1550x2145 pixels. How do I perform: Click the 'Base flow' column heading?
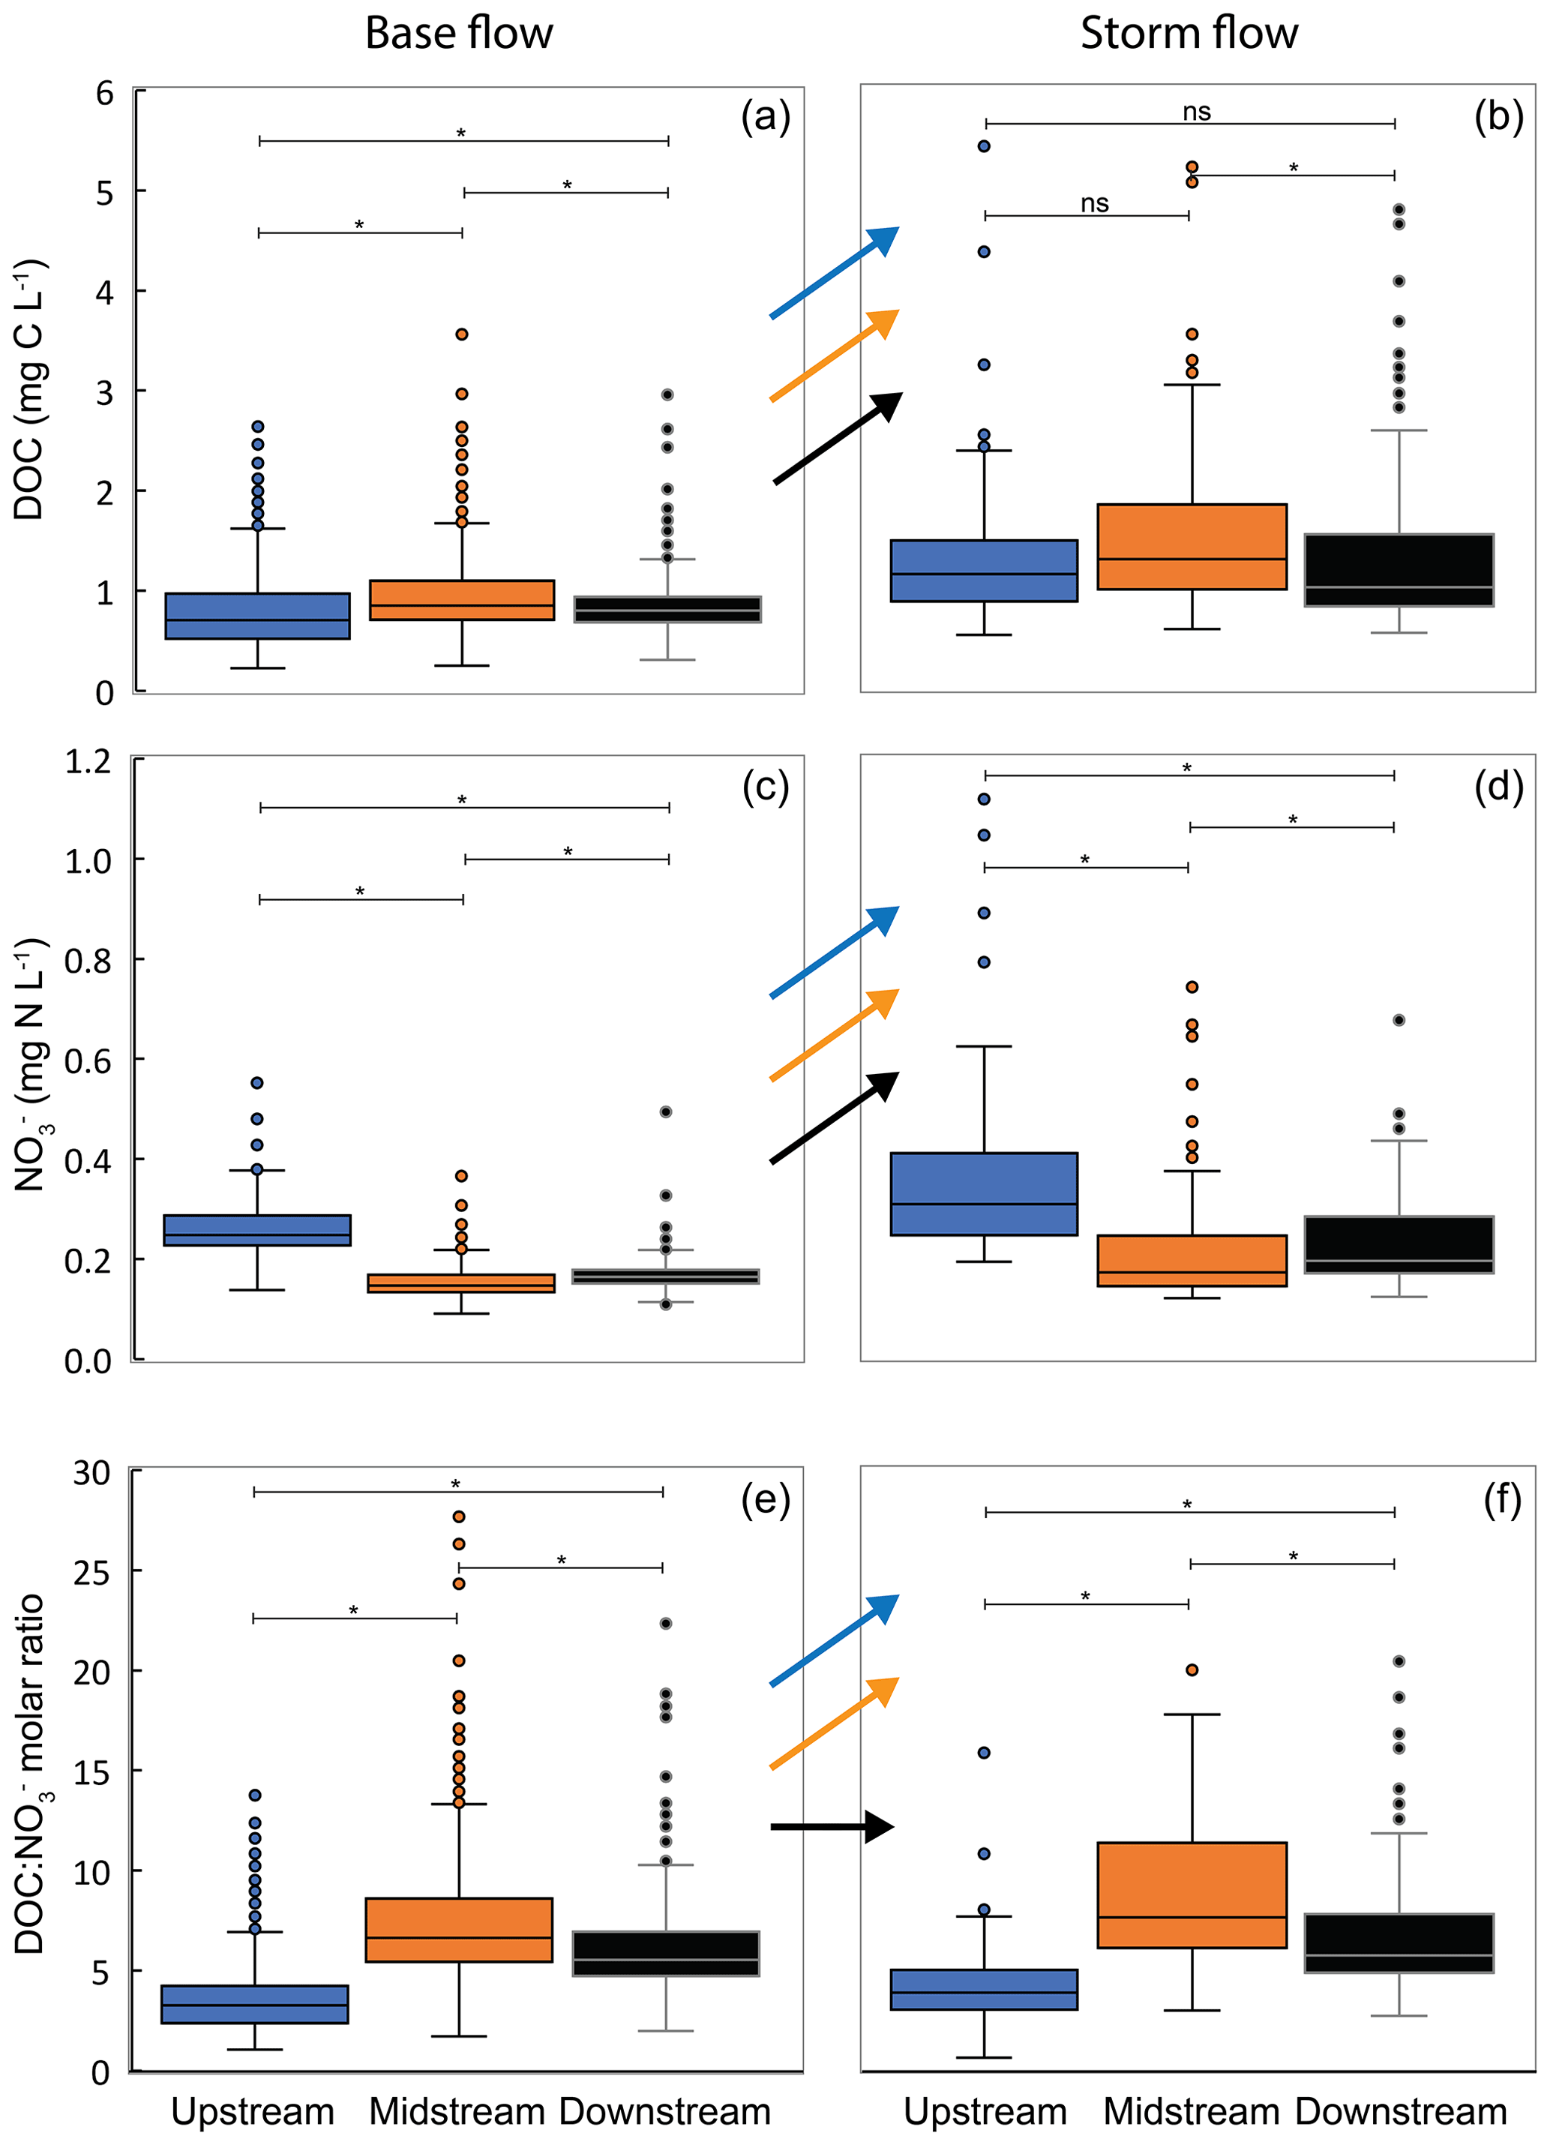459,34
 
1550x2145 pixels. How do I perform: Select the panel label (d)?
1498,786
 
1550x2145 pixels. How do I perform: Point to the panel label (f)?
1502,1500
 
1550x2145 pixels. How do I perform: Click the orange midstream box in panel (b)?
1192,547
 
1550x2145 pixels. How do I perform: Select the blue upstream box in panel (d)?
984,1193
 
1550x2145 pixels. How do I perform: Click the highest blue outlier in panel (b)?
984,146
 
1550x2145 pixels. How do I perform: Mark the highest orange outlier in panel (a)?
461,334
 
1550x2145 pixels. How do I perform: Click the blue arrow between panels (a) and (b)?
833,272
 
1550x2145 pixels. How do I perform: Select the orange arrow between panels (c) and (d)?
833,1035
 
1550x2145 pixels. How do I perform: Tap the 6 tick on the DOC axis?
104,94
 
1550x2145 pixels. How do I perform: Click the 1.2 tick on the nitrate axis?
88,761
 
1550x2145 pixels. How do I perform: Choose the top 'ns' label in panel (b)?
1196,112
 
